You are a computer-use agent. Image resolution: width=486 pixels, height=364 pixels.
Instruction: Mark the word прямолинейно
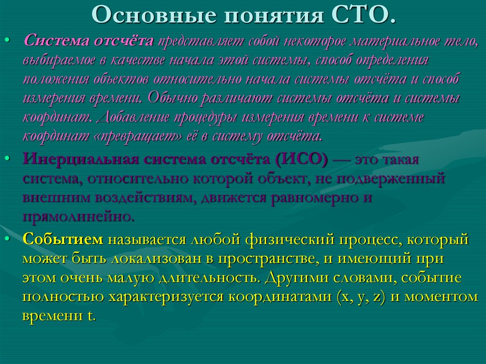(x=78, y=217)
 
